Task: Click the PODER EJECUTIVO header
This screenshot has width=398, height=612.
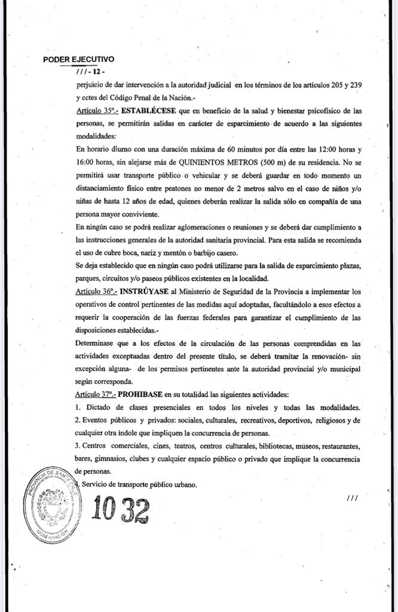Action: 79,60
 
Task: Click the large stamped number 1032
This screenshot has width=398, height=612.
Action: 121,509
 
